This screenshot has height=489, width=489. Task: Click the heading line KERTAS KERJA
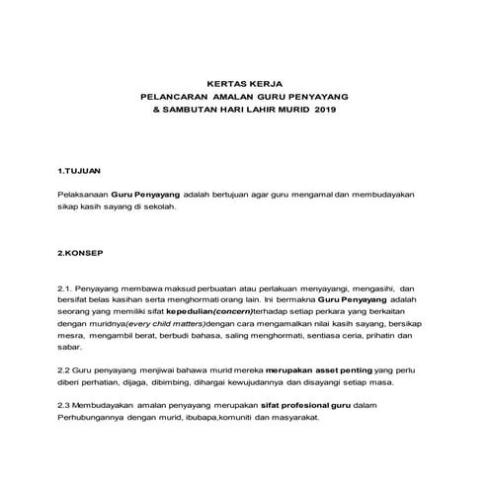244,84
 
